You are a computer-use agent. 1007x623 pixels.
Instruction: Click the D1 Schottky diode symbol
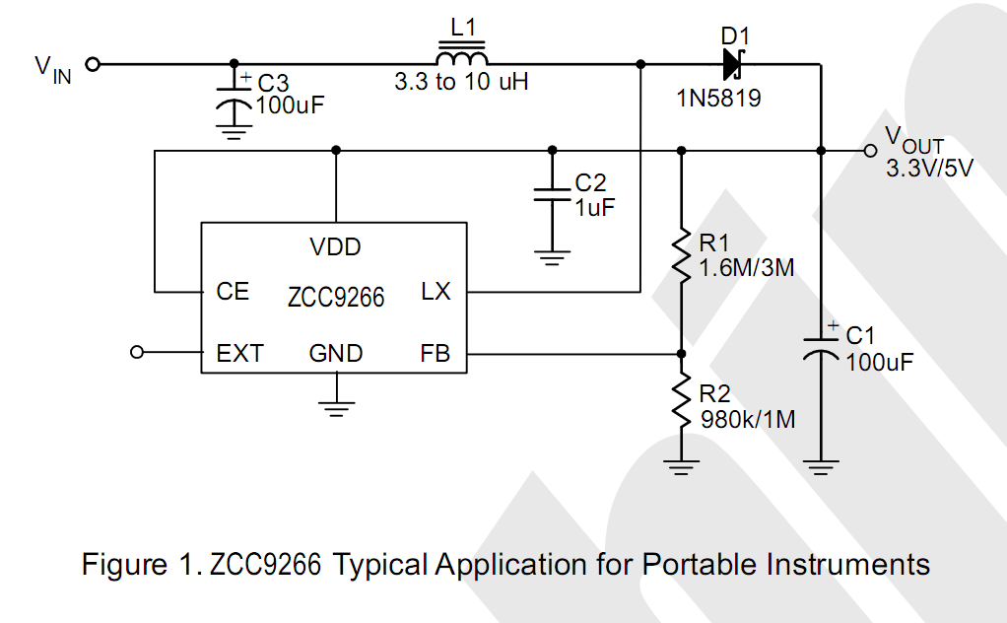tap(731, 65)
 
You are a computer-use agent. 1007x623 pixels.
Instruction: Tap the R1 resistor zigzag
tap(680, 255)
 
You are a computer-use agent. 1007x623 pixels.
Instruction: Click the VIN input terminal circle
tap(93, 65)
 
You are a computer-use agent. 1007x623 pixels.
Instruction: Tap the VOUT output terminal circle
tap(868, 151)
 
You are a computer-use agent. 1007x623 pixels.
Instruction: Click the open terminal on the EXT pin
tap(138, 353)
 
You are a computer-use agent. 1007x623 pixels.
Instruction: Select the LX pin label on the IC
tap(436, 293)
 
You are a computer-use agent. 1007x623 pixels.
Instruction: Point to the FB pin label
tap(435, 354)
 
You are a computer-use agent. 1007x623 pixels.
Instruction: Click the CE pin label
tap(233, 293)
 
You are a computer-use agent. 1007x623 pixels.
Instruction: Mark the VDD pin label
tap(335, 247)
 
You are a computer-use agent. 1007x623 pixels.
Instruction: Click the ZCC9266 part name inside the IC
tap(336, 296)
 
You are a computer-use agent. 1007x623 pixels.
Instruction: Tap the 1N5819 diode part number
tap(718, 100)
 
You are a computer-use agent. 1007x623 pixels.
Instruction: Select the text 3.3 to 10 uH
tap(461, 83)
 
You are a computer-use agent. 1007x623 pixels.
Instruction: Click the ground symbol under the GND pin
tap(336, 406)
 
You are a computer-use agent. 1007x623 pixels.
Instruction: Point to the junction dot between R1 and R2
tap(680, 353)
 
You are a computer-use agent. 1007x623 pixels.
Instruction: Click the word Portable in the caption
tap(696, 565)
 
